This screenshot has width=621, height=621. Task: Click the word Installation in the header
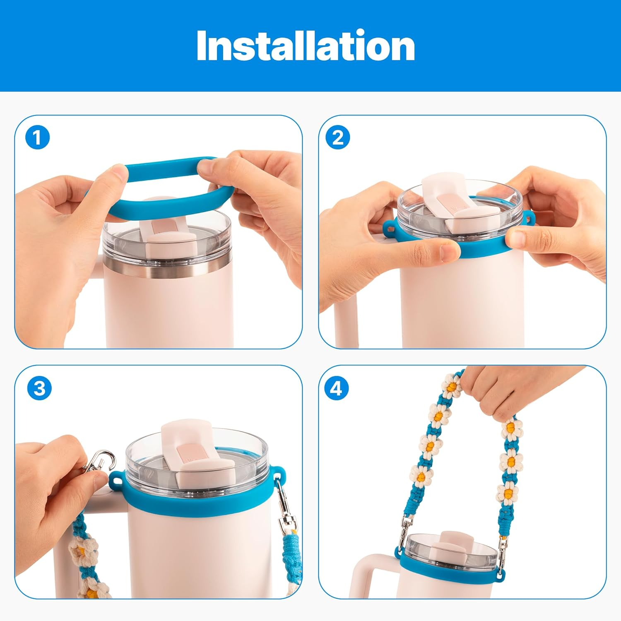click(306, 46)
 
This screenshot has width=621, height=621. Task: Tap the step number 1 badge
click(38, 138)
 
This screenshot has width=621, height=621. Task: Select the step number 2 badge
click(338, 138)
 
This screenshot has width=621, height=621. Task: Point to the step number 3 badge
click(39, 388)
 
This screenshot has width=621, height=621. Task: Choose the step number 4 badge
click(336, 388)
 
